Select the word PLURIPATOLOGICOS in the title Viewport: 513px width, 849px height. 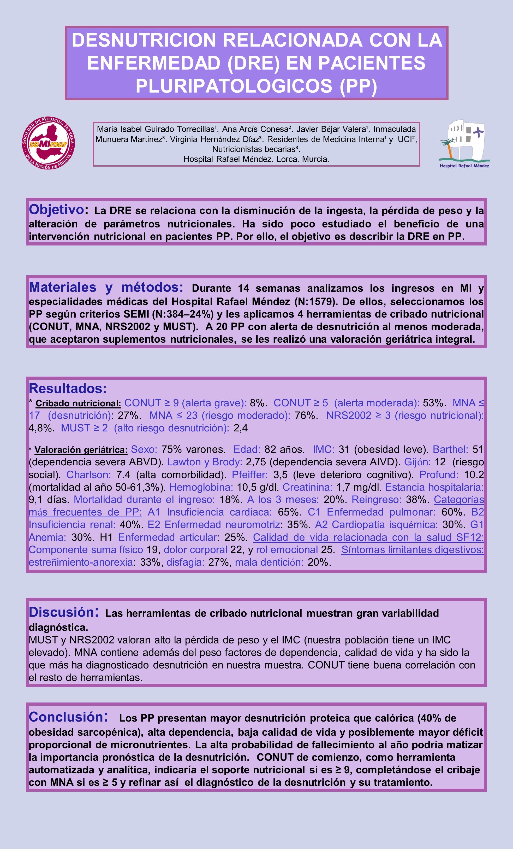(234, 86)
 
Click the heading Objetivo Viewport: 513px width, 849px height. (56, 209)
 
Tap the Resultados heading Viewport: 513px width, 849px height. (68, 388)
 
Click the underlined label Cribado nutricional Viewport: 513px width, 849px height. (78, 403)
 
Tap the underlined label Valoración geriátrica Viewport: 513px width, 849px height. (81, 450)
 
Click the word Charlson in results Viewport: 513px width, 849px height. (88, 475)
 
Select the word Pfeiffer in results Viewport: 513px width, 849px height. (250, 475)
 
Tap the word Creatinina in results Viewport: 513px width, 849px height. (307, 487)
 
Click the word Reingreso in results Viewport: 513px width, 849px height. (376, 500)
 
